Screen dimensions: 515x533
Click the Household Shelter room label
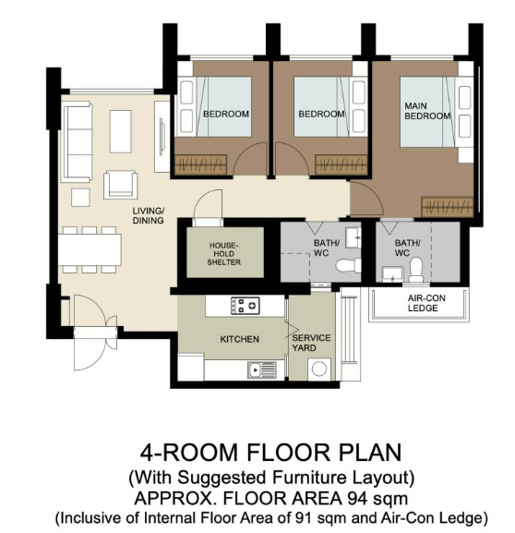pyautogui.click(x=224, y=254)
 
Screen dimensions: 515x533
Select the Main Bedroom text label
pyautogui.click(x=427, y=111)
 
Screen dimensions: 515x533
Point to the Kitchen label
pyautogui.click(x=239, y=339)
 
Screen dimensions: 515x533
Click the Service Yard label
pyautogui.click(x=311, y=343)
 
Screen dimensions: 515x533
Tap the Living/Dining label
pyautogui.click(x=148, y=215)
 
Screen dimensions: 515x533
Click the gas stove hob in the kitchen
pyautogui.click(x=245, y=305)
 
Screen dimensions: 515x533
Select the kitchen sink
pyautogui.click(x=262, y=369)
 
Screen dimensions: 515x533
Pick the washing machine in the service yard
pyautogui.click(x=319, y=369)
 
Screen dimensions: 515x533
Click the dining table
pyautogui.click(x=90, y=249)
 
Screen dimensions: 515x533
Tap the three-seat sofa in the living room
pyautogui.click(x=78, y=141)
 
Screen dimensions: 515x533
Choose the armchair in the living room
pyautogui.click(x=121, y=185)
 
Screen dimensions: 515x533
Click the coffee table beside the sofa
pyautogui.click(x=120, y=131)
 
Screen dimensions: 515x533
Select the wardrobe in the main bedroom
pyautogui.click(x=447, y=206)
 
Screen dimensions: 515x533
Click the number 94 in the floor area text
pyautogui.click(x=360, y=498)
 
